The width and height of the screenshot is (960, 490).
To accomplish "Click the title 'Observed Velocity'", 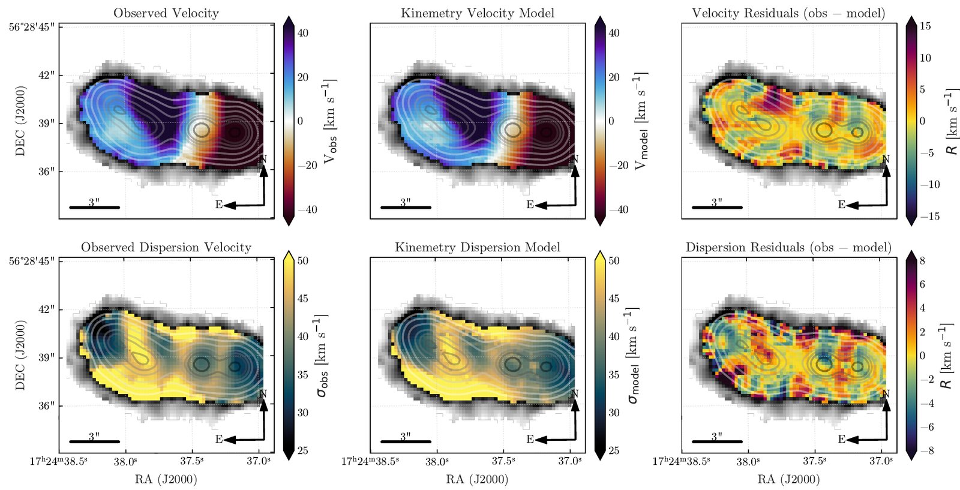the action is point(166,13).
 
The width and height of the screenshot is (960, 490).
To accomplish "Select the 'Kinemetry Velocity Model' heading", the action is point(478,13).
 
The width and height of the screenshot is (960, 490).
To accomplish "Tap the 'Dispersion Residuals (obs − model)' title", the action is point(788,248).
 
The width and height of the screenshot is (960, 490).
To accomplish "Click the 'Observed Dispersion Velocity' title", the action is point(166,248).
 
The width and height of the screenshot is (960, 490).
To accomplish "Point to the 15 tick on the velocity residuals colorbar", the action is point(925,26).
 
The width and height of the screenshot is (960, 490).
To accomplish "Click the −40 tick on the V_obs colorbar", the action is point(307,210).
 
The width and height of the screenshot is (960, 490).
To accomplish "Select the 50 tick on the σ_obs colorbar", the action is point(302,261).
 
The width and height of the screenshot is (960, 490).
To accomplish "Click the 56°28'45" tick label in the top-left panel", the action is point(32,26).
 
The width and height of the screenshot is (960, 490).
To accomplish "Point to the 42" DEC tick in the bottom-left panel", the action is point(47,309).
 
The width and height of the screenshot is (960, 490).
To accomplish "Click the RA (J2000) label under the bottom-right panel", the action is point(788,479).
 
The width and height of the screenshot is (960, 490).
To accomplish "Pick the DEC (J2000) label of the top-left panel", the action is point(20,121).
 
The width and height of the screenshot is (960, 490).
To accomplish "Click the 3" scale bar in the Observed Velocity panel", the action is point(94,208).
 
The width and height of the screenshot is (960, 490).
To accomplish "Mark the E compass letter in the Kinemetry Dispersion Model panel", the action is point(530,439).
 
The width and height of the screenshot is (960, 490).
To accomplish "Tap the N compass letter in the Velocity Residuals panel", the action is point(886,160).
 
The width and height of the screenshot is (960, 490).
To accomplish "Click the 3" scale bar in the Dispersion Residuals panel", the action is point(717,441).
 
